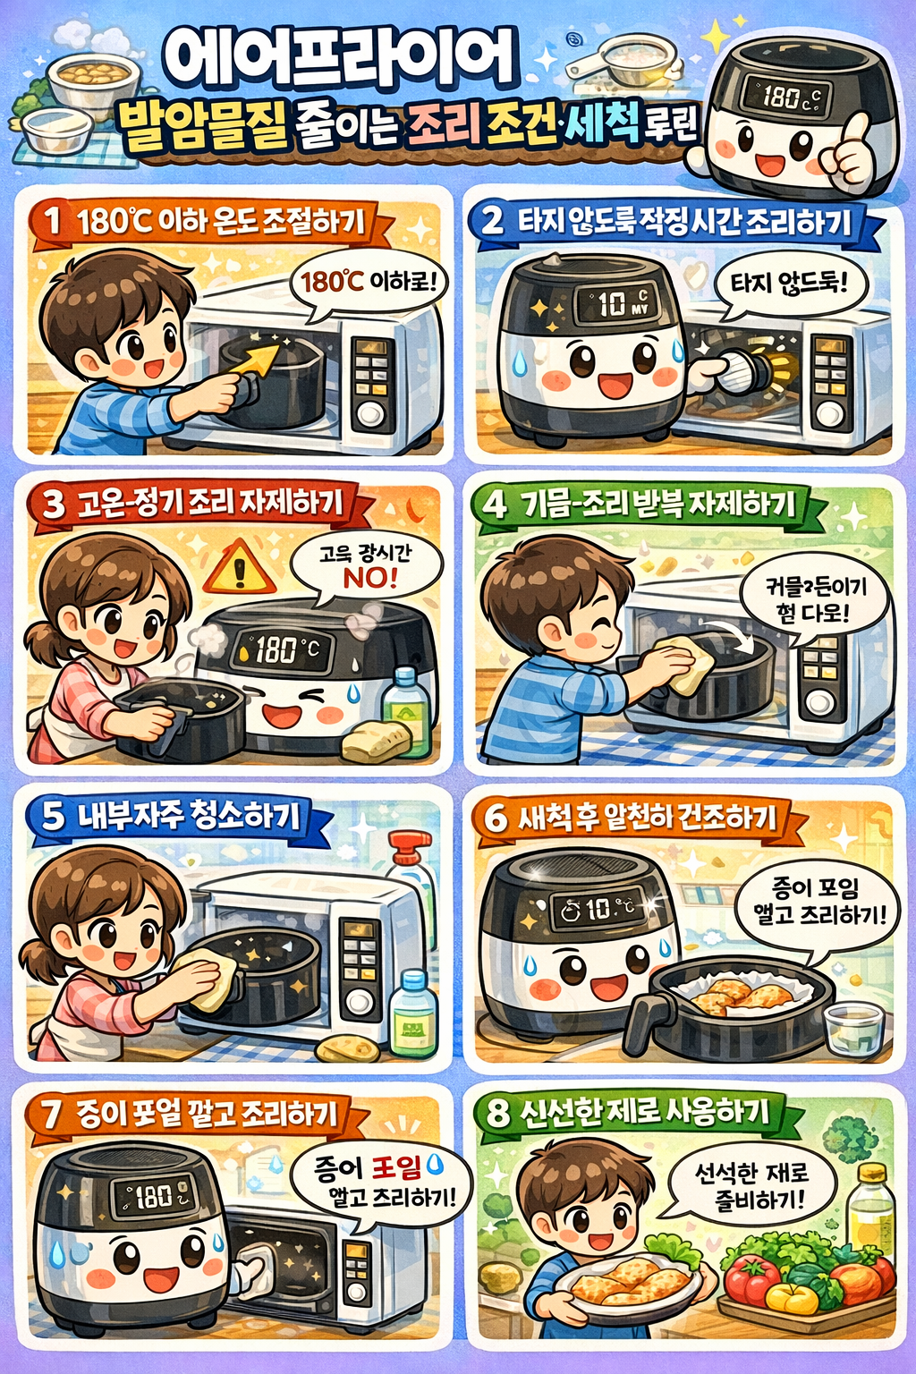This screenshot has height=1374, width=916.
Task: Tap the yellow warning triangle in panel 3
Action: (x=239, y=570)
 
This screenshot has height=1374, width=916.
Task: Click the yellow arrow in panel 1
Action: (x=249, y=363)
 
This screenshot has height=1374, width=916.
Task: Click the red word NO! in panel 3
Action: (x=369, y=578)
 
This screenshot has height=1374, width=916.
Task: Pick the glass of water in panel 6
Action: (x=852, y=1029)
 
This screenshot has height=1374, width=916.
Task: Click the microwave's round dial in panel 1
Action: (x=370, y=414)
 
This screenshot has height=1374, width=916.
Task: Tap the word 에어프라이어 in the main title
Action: (x=340, y=59)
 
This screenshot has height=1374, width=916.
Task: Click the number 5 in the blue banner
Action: (x=54, y=815)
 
